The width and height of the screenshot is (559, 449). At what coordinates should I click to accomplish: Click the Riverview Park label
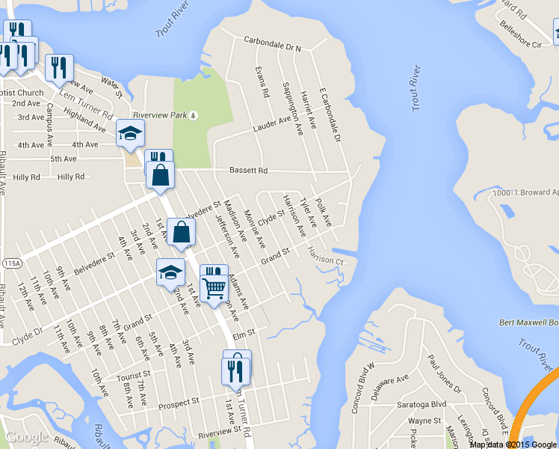(158, 115)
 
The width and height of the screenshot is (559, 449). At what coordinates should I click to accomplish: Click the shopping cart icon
(214, 287)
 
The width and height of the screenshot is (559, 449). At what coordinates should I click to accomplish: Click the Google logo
(26, 437)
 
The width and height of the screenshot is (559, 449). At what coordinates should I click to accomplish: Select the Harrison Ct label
(326, 257)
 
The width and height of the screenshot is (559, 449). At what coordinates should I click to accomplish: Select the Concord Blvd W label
(363, 388)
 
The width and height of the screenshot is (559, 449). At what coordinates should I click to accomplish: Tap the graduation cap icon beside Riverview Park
(130, 135)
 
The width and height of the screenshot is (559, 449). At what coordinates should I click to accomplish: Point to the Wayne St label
(425, 421)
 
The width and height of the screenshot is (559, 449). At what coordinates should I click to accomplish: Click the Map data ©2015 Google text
(513, 444)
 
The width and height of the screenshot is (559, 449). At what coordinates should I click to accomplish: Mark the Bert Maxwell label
(529, 323)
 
